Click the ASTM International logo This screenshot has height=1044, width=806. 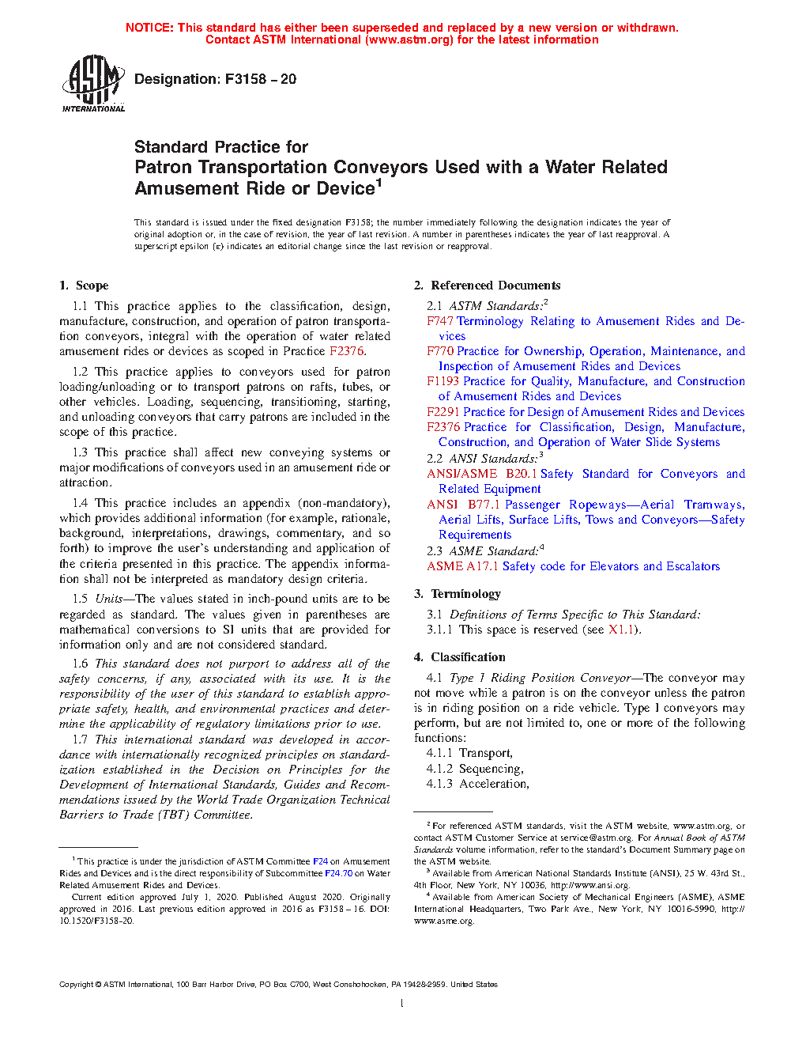(93, 83)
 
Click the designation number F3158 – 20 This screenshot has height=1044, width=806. (260, 79)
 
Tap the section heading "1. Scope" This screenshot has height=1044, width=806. (84, 286)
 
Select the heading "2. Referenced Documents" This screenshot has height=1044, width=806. (487, 286)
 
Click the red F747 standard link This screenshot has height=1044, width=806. (440, 321)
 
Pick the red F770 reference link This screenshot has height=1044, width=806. (440, 351)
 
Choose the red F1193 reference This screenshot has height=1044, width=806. (443, 381)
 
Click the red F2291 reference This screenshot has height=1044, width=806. (443, 412)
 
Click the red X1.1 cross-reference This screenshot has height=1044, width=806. (620, 630)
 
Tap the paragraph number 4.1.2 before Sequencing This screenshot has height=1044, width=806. (439, 769)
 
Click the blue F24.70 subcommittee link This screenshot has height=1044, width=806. (338, 873)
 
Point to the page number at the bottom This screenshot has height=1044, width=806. (402, 1004)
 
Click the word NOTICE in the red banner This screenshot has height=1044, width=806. (149, 28)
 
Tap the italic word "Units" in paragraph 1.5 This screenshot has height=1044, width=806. (109, 599)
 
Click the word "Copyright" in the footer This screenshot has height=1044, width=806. (77, 985)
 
